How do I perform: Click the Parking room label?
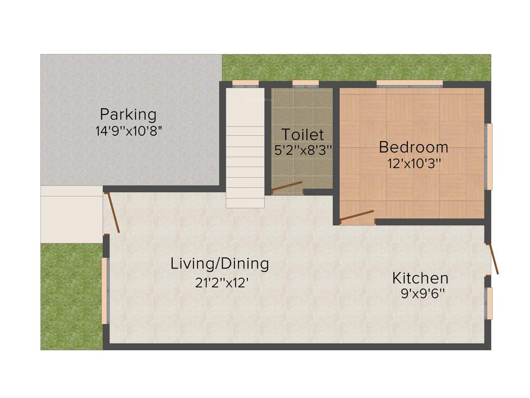point(128,113)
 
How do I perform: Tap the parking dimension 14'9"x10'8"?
point(129,131)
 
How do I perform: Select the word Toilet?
point(302,135)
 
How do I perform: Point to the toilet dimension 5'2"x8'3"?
point(303,150)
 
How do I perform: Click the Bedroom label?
point(413,147)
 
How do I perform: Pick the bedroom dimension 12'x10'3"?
point(414,164)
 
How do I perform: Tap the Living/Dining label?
point(219,264)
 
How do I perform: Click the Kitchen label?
point(420,278)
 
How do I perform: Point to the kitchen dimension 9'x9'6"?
point(423,294)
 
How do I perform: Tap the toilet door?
point(286,187)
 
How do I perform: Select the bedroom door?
point(357,216)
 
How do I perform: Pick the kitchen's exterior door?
point(494,259)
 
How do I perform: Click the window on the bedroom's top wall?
point(409,83)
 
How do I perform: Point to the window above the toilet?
point(305,83)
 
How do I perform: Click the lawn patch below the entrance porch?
point(71,295)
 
